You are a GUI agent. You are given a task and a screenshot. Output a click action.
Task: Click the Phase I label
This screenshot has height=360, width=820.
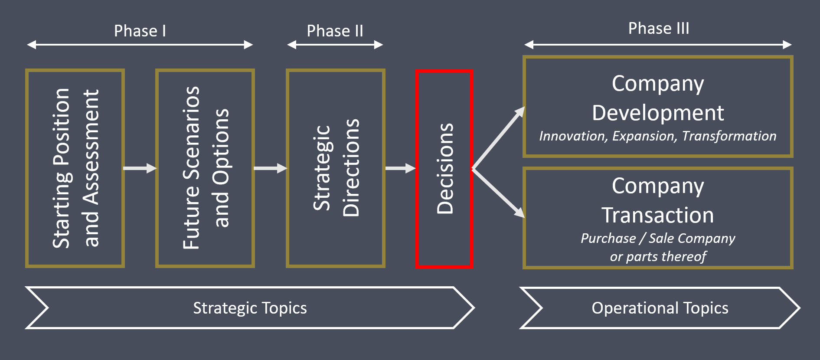(x=140, y=31)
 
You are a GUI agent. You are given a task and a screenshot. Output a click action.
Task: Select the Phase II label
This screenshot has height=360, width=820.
(x=335, y=31)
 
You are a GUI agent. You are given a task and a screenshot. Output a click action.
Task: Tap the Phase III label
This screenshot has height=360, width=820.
(x=658, y=29)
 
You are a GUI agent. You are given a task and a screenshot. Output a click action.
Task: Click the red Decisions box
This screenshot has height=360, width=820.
(x=444, y=169)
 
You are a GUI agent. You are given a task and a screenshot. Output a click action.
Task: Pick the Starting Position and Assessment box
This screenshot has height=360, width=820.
(x=75, y=168)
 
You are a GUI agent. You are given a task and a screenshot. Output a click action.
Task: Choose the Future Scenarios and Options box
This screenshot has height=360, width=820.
(x=205, y=168)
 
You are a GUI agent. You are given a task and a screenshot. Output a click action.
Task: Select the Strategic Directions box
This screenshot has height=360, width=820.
(x=336, y=168)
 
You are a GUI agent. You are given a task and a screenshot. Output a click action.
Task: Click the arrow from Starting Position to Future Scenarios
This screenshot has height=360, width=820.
(x=140, y=168)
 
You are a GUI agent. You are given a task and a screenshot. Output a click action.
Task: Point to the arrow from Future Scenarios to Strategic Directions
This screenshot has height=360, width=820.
(x=270, y=168)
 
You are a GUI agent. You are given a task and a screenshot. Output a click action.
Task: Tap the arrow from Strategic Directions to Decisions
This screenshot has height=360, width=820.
(x=400, y=168)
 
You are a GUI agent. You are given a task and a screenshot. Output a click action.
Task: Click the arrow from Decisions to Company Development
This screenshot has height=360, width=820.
(x=499, y=138)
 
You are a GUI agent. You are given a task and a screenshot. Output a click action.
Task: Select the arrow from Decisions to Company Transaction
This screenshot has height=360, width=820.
(x=499, y=193)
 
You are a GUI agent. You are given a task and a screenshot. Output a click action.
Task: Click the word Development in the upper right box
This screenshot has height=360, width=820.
(x=658, y=113)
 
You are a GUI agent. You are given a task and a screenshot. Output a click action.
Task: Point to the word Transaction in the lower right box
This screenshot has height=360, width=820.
(x=657, y=216)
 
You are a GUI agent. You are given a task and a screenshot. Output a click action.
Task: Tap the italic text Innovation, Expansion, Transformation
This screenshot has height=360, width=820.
(x=657, y=136)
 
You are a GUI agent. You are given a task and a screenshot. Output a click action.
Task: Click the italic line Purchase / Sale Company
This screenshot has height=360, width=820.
(x=658, y=238)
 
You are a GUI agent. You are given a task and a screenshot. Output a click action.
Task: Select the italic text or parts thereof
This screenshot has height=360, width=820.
(x=658, y=257)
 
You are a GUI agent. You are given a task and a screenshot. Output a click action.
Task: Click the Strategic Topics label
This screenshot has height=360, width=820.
(x=250, y=308)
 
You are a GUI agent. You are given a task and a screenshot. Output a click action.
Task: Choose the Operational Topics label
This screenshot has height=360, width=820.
(x=660, y=308)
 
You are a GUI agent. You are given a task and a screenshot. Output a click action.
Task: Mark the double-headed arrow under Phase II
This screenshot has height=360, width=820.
(x=335, y=45)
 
